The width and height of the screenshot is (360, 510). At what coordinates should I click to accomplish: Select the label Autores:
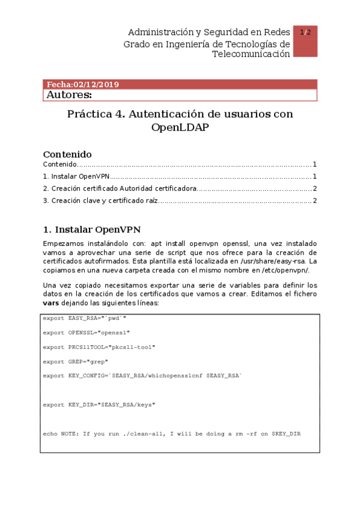(x=69, y=95)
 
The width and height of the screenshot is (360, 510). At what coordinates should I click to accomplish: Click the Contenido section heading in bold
(x=67, y=154)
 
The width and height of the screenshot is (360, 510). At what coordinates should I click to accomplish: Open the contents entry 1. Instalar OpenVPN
(x=76, y=177)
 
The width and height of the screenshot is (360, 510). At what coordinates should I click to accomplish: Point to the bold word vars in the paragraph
(x=50, y=303)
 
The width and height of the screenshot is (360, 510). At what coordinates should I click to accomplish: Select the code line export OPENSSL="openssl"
(x=86, y=332)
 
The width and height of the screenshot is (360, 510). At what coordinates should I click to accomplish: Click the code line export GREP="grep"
(x=75, y=361)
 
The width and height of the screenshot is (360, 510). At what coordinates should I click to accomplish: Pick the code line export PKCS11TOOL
(x=99, y=346)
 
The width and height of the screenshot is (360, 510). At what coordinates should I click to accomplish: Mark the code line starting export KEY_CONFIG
(x=142, y=376)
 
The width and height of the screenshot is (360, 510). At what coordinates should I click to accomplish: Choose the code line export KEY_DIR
(x=99, y=405)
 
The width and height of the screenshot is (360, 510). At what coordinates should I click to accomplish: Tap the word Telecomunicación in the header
(x=251, y=54)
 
